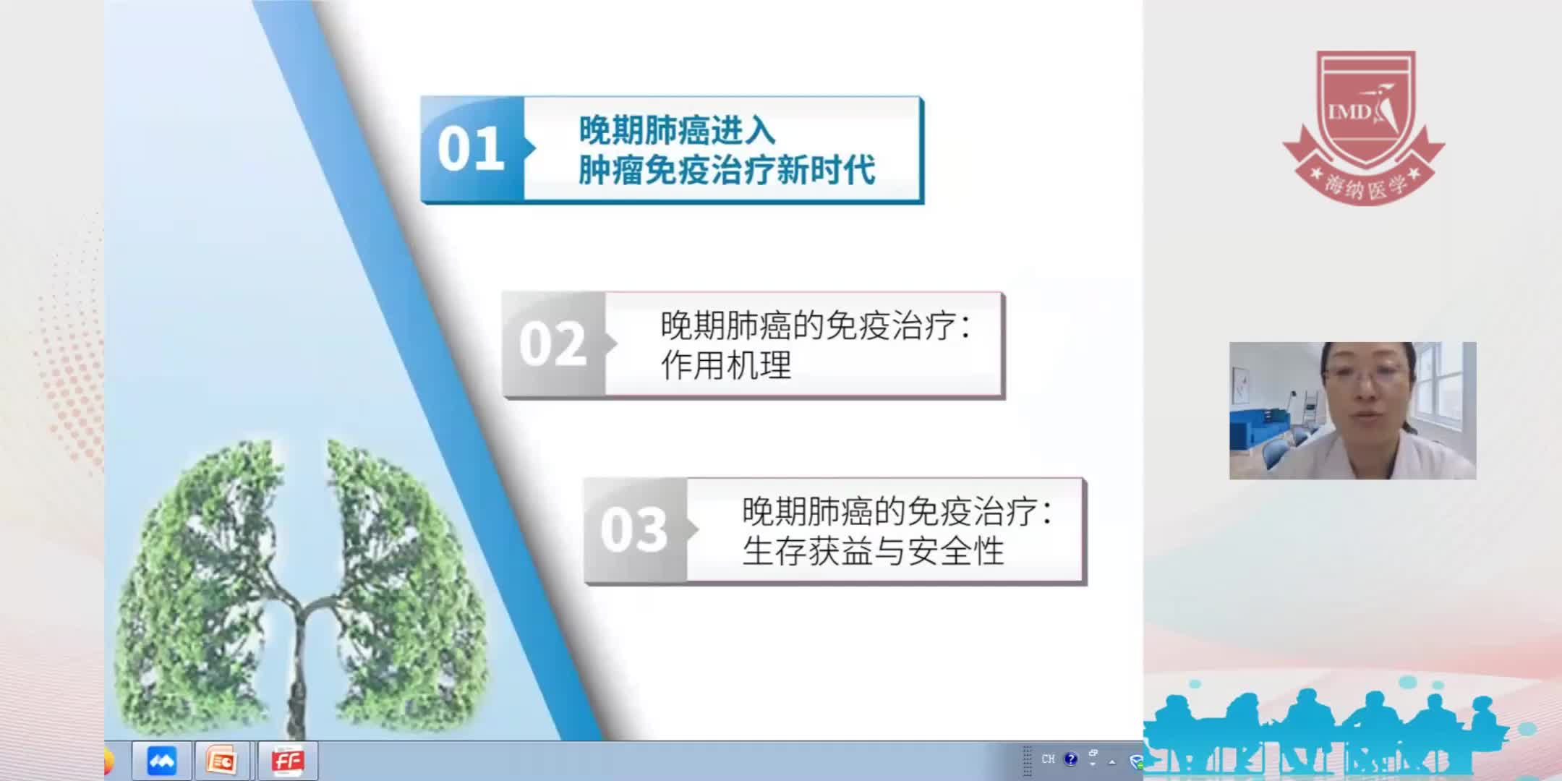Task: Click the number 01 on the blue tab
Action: pos(470,149)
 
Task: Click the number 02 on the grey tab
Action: pos(552,344)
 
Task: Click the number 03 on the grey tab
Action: pos(633,530)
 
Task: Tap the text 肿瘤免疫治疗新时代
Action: pos(727,171)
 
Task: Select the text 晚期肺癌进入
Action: pos(677,131)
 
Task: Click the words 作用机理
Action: pos(726,365)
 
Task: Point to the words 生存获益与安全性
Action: pos(873,552)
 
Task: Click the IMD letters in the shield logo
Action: pos(1349,111)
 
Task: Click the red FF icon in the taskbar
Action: pos(287,761)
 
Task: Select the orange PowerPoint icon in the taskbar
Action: pos(221,761)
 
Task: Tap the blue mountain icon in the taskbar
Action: pos(161,761)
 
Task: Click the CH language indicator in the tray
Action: pos(1048,759)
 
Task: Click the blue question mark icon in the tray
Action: pos(1071,759)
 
